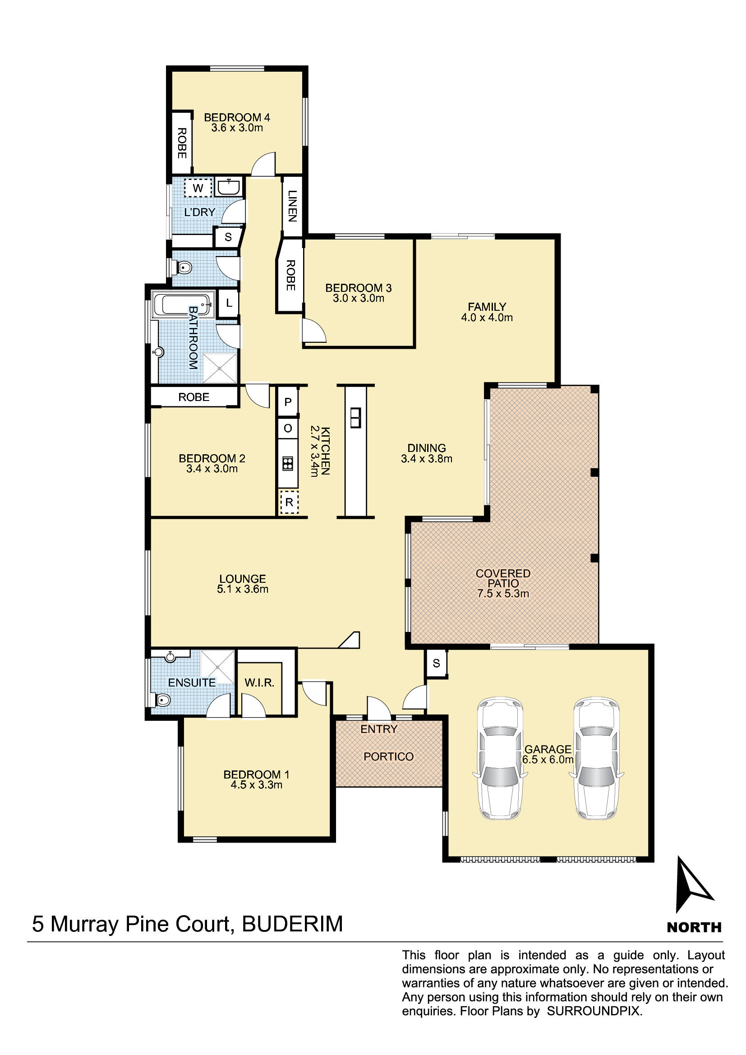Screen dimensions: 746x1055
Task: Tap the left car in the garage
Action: (x=500, y=759)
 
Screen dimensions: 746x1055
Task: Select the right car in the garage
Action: (x=596, y=759)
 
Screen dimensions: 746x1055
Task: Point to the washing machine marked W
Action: (x=198, y=188)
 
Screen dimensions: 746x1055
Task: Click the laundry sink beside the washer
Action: (x=228, y=187)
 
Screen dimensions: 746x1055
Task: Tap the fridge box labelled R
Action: (x=289, y=502)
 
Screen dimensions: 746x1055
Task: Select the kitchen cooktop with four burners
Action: (x=288, y=463)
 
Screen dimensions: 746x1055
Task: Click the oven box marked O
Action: (x=288, y=428)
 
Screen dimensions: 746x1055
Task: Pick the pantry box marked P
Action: (x=288, y=402)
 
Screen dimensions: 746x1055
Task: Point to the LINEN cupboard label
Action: (x=292, y=206)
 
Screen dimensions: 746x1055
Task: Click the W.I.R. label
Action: (x=259, y=683)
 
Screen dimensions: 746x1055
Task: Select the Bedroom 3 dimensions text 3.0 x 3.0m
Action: (x=359, y=298)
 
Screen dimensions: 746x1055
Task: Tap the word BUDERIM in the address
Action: (x=293, y=924)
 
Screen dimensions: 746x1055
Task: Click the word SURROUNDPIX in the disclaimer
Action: (x=594, y=1011)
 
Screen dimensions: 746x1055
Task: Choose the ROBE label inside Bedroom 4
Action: (x=182, y=143)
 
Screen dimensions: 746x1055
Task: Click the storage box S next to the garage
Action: (x=437, y=663)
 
